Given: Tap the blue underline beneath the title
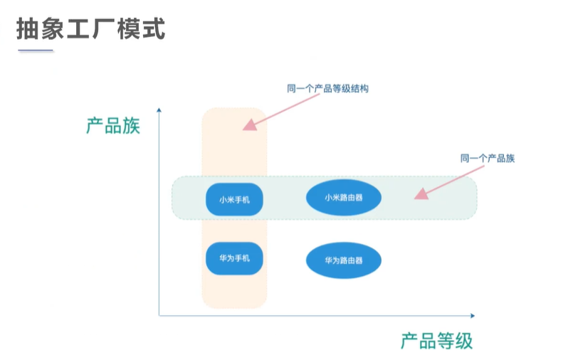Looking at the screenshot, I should click(36, 51).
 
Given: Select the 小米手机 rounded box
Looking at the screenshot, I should click(234, 199).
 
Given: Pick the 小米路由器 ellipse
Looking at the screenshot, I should click(343, 198).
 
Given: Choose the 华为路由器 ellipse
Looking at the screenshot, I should click(343, 260).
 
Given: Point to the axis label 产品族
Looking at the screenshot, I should click(113, 126).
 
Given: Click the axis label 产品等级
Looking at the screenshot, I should click(436, 340).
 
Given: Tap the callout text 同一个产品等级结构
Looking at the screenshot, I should click(327, 89).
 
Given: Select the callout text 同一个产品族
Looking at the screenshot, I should click(487, 158).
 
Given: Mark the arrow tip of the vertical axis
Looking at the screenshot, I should click(159, 109).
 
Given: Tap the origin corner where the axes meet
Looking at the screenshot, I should click(159, 314).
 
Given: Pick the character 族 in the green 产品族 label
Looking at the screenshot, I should click(131, 126).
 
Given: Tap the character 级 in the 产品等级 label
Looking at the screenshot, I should click(463, 340).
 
